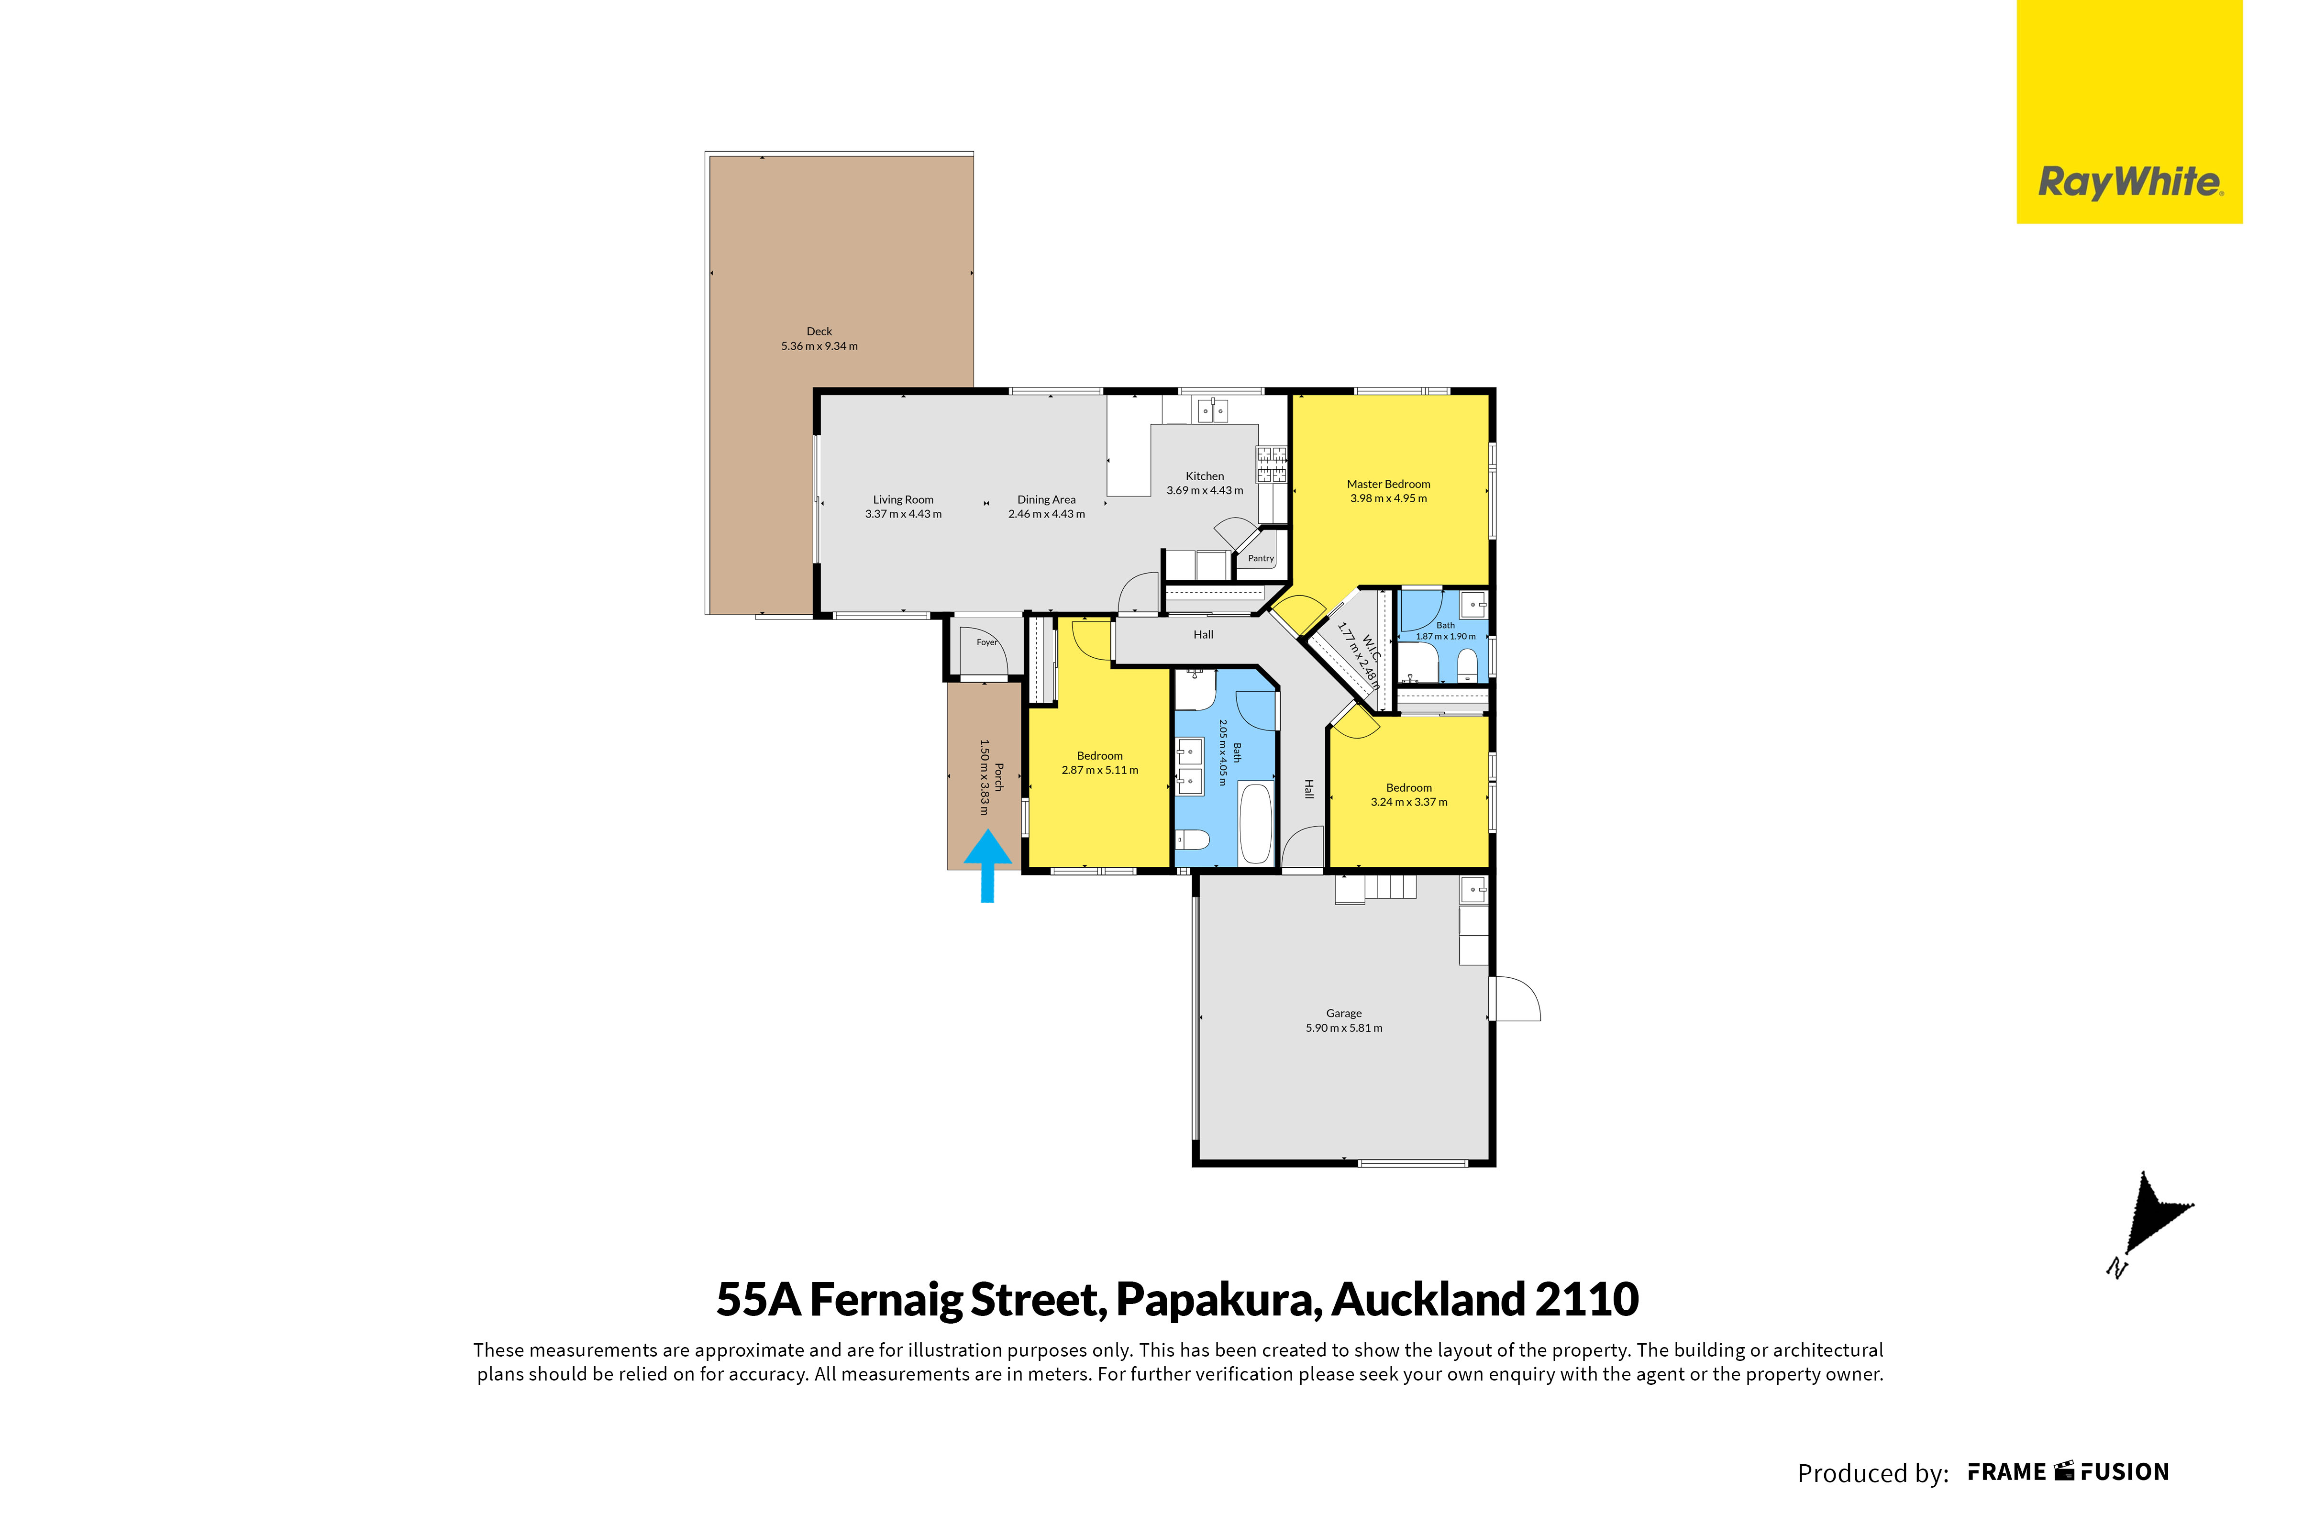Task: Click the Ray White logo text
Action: pos(2130,183)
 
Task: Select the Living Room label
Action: pos(903,499)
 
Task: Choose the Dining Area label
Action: pos(1046,499)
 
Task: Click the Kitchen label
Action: pos(1205,476)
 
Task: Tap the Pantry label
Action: pos(1261,558)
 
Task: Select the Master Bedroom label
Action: pos(1388,484)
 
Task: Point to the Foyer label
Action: pos(986,642)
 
